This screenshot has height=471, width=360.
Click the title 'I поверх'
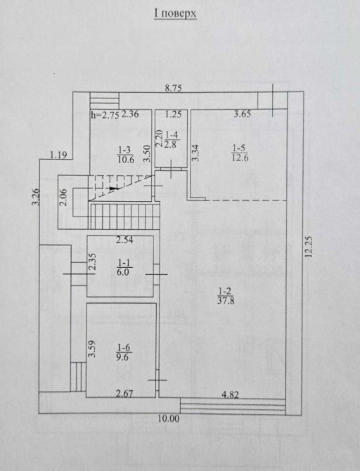175,13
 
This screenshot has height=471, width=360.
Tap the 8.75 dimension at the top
174,89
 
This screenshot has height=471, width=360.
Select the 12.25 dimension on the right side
309,247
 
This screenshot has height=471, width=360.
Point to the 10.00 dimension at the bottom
169,418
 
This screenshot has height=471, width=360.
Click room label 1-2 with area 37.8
226,296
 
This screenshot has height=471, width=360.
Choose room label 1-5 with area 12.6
240,153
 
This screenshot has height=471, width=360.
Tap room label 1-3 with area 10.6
126,155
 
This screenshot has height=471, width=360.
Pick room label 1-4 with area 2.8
172,139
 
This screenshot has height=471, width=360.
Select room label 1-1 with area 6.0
124,268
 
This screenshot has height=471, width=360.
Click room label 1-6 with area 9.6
124,352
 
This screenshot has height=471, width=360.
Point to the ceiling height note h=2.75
105,115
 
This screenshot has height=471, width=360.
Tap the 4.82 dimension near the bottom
230,394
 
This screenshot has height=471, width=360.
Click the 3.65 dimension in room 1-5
242,114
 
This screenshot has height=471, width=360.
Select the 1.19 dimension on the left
58,155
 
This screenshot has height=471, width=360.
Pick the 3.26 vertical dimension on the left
36,196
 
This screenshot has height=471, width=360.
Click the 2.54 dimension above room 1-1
124,240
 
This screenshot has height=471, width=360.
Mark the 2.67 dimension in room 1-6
124,394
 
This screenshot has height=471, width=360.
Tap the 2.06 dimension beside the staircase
64,198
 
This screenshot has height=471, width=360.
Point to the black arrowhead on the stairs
112,188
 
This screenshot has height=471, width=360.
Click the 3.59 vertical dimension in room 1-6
92,349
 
